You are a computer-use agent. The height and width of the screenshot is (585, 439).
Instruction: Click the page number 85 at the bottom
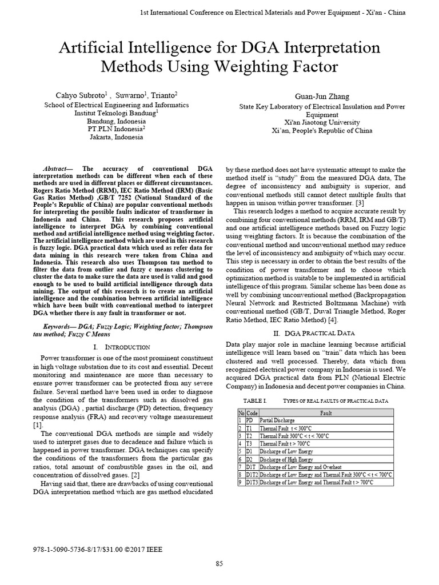[x=219, y=564]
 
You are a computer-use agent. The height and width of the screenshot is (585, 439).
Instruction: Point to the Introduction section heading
[x=121, y=347]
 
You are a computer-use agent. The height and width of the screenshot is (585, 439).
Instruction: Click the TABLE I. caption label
[x=256, y=401]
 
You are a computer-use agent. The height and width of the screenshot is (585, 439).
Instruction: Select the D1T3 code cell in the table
[x=252, y=482]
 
